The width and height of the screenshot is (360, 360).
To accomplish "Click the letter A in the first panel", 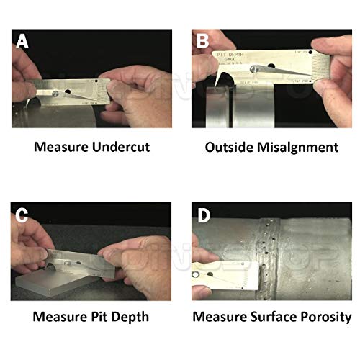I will point(23,42).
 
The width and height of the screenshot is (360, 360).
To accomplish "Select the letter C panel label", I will point(23,215).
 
